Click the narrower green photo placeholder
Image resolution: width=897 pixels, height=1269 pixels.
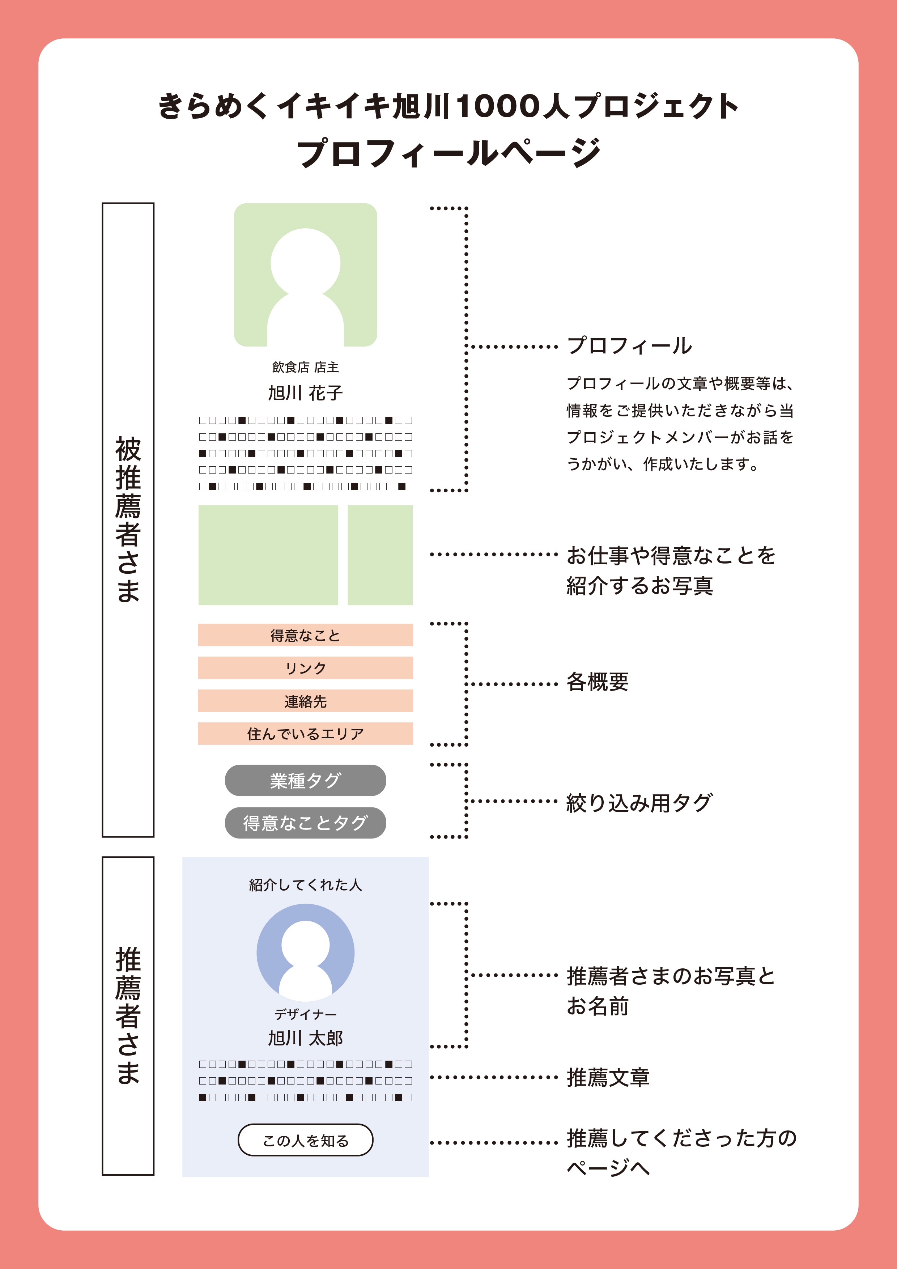tap(380, 555)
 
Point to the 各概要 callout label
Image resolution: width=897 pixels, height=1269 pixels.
tap(598, 682)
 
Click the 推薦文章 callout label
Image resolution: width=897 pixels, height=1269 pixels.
tap(608, 1077)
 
